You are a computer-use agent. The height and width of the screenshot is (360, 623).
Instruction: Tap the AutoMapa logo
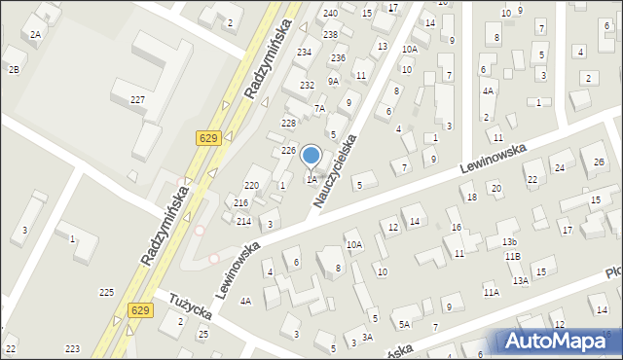pos(559,342)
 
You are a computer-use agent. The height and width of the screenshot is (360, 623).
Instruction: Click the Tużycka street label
pos(191,310)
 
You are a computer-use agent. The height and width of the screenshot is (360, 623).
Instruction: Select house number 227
pos(138,100)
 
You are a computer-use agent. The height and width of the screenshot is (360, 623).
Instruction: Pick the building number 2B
pos(14,69)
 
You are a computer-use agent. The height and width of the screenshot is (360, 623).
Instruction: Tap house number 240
pos(331,13)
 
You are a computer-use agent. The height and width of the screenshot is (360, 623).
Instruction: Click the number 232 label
pos(307,86)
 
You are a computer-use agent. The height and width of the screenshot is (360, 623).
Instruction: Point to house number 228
pos(288,123)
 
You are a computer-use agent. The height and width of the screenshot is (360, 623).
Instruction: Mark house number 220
pos(251,185)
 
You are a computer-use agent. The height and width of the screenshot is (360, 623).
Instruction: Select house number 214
pos(243,222)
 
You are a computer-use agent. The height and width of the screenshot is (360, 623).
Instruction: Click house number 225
pos(107,292)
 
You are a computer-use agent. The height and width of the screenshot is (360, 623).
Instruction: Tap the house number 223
pos(72,348)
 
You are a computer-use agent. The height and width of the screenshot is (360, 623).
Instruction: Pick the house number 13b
pos(509,240)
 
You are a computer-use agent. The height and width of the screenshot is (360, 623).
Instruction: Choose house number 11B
pos(512,256)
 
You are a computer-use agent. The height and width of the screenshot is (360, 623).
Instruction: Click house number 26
pos(599,162)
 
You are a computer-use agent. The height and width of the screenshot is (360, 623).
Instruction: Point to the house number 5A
pos(403,325)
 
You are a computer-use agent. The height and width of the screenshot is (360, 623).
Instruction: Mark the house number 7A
pos(319,109)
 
